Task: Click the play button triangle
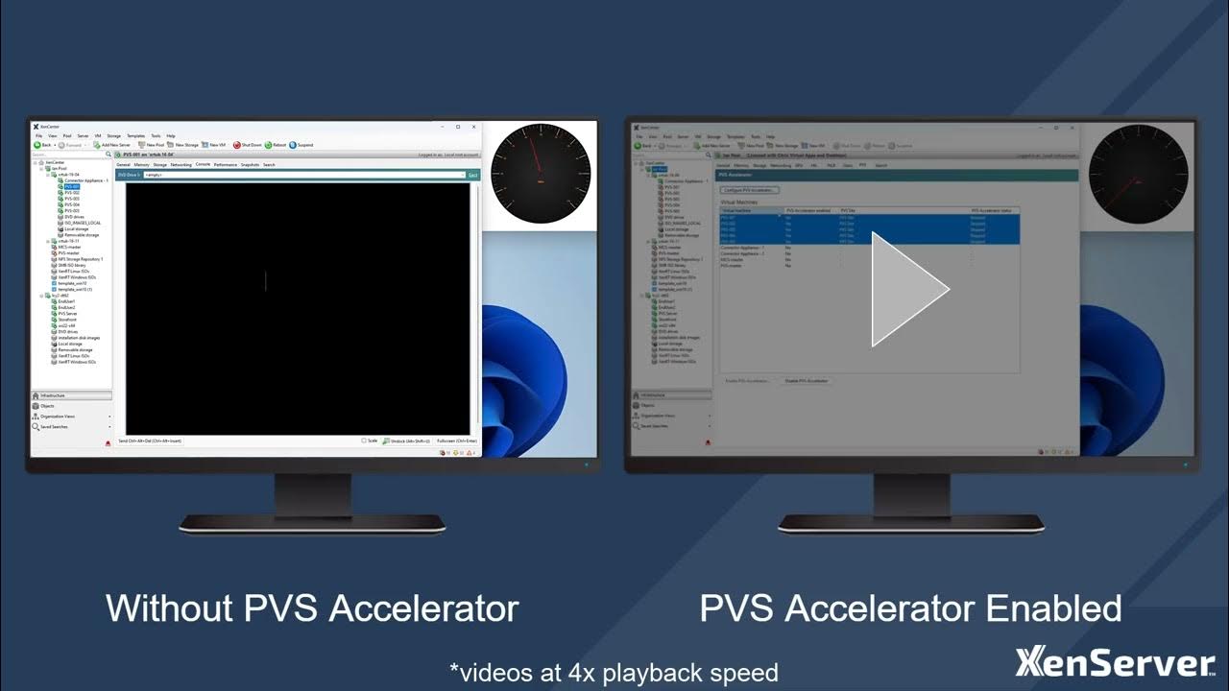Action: click(907, 289)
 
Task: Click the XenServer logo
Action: click(1115, 663)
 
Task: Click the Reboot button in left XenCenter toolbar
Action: click(276, 145)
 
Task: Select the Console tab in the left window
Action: click(203, 165)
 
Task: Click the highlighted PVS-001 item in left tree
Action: click(72, 186)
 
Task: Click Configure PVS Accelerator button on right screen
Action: click(750, 190)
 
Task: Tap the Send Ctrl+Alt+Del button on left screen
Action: click(149, 441)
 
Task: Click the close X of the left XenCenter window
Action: click(471, 126)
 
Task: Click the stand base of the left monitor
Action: click(312, 523)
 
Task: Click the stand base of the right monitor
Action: click(910, 523)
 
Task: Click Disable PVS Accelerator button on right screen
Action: click(807, 381)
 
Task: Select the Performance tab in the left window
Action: click(226, 165)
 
